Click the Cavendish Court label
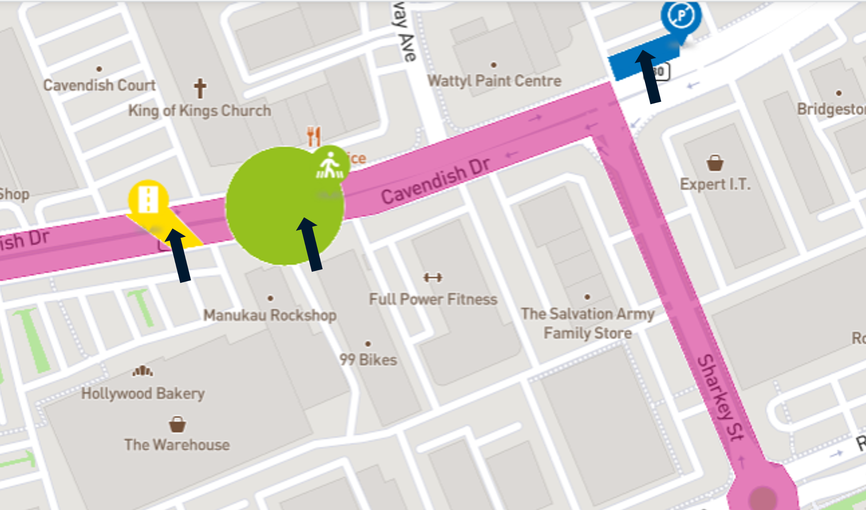click(99, 85)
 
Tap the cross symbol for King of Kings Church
click(200, 88)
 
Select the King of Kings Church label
click(200, 111)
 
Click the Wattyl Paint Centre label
click(494, 81)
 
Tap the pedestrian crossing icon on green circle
click(330, 166)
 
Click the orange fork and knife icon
click(314, 136)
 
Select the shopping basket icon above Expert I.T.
click(715, 163)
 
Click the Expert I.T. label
click(715, 185)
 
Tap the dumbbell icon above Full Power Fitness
click(433, 277)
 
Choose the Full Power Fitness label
click(433, 299)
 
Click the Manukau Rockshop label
click(270, 315)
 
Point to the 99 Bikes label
click(368, 360)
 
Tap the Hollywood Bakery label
click(143, 394)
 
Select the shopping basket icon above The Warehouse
click(177, 424)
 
